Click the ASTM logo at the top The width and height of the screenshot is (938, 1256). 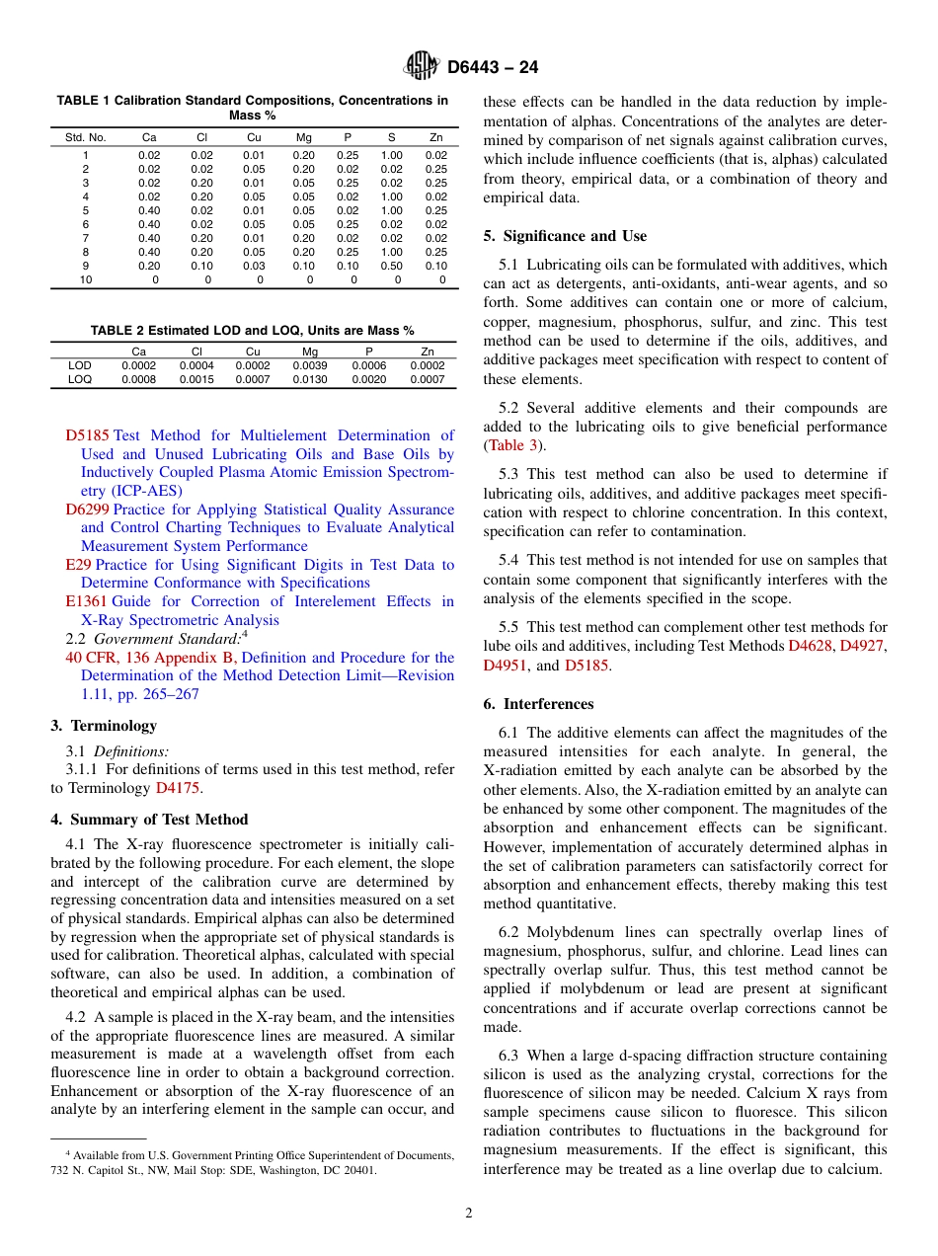(x=421, y=67)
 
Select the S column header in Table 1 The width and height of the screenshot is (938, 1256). (x=391, y=137)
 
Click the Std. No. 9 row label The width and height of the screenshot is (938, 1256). (x=86, y=266)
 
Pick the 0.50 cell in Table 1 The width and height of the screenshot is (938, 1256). (x=391, y=266)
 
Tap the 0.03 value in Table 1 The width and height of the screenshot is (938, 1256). (x=254, y=266)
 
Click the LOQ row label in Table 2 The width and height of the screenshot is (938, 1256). (x=80, y=379)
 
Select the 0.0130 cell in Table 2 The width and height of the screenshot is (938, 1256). (x=311, y=379)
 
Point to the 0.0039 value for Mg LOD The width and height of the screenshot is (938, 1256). (x=311, y=365)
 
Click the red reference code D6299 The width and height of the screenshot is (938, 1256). (x=87, y=510)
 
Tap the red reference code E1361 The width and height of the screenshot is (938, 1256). (x=86, y=601)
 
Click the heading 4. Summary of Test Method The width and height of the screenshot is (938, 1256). (x=149, y=820)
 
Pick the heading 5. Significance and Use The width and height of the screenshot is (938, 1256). (x=565, y=236)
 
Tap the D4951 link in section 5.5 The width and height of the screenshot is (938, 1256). (x=503, y=666)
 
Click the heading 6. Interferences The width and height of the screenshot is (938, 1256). (x=538, y=704)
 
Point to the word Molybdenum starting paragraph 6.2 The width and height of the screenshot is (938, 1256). (x=569, y=932)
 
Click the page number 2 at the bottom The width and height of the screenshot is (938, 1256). (x=469, y=1214)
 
